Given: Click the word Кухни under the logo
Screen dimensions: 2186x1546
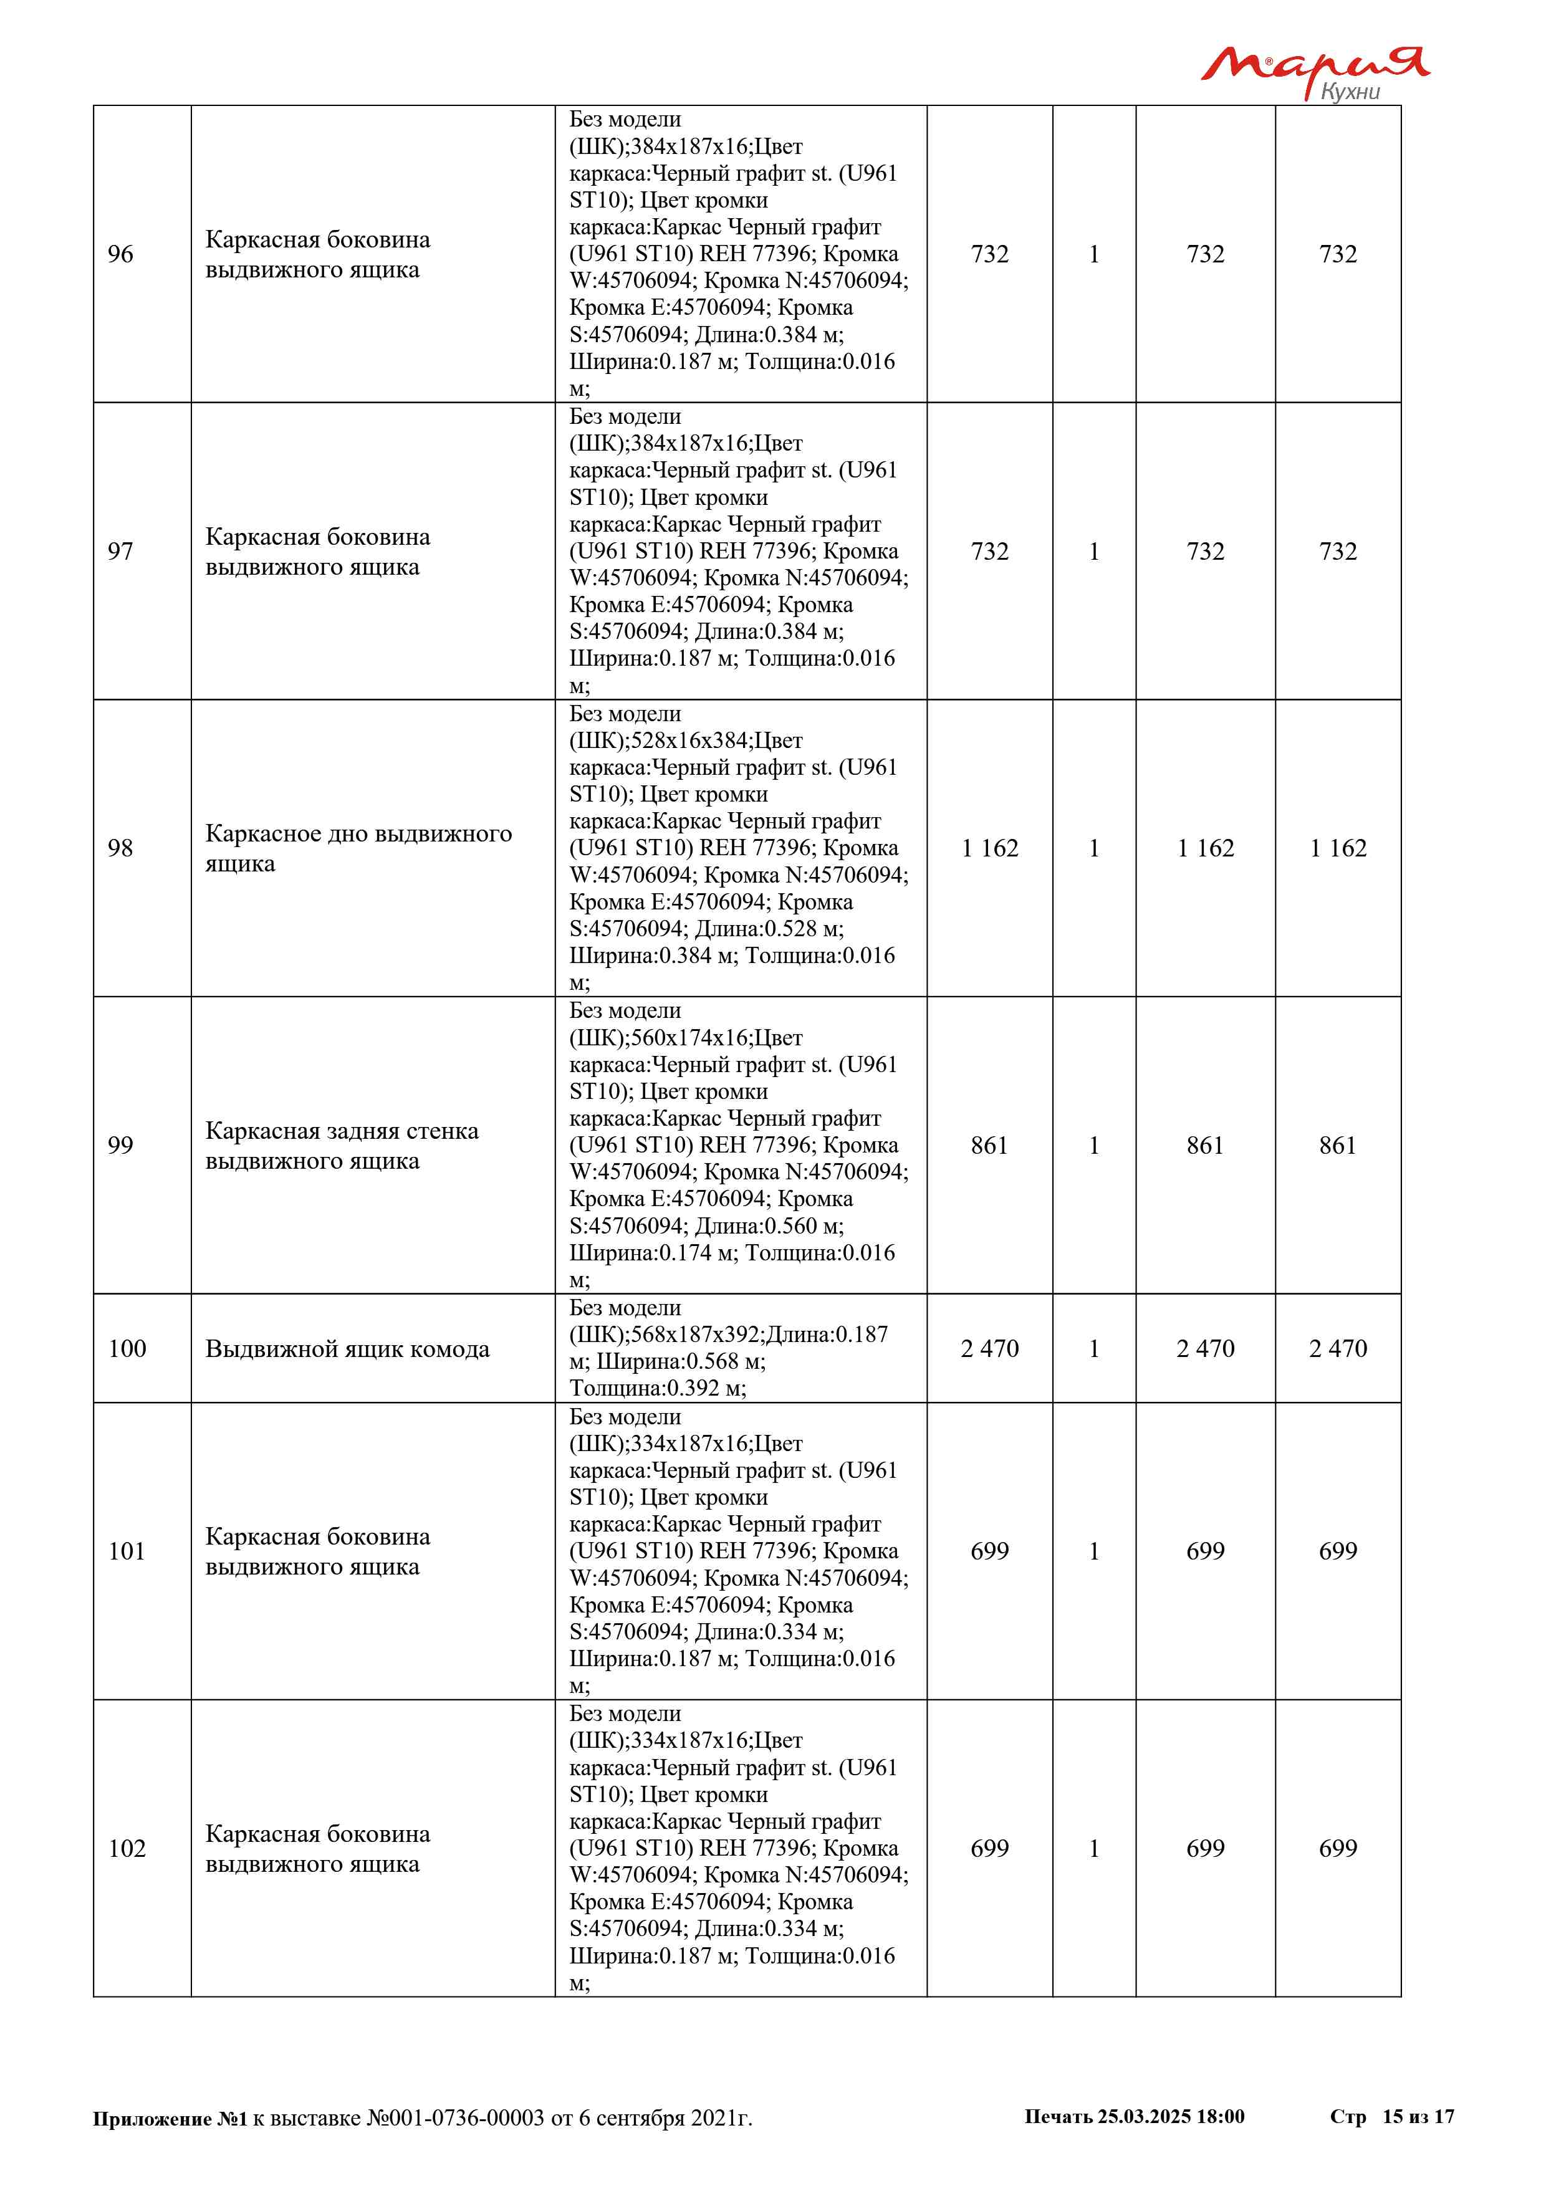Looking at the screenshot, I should point(1350,92).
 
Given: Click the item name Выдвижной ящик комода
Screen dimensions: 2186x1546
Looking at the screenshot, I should point(347,1349).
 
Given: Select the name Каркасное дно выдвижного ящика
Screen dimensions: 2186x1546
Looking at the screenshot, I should point(358,848).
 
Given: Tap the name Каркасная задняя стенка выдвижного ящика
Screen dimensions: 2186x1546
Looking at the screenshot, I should point(341,1146).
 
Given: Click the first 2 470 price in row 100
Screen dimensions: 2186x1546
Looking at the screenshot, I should point(989,1348).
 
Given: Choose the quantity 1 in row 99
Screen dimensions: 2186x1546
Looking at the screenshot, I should point(1094,1146).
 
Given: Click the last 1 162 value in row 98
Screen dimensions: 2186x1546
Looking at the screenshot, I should point(1338,848).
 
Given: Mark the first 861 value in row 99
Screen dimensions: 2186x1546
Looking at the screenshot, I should point(989,1146).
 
